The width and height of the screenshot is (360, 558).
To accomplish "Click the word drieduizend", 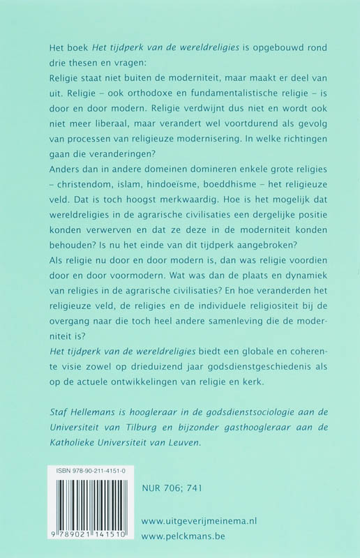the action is tap(161, 370).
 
